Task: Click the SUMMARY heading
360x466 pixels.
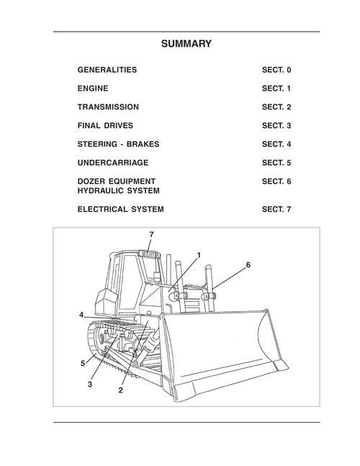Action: click(x=186, y=44)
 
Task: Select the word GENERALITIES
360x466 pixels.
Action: click(x=107, y=70)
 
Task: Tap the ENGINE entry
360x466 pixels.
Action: click(x=93, y=89)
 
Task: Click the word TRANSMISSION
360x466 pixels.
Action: click(x=108, y=107)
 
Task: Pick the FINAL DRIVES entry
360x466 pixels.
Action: click(x=105, y=125)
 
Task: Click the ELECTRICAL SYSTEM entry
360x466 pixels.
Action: click(x=120, y=210)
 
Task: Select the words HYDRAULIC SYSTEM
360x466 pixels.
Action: click(x=118, y=191)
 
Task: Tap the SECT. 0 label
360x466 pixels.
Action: click(x=276, y=70)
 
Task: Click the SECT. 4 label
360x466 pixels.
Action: click(x=276, y=144)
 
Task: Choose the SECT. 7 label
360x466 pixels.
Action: click(x=276, y=210)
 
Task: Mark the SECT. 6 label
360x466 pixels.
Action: click(x=276, y=182)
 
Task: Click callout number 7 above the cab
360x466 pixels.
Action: click(x=151, y=235)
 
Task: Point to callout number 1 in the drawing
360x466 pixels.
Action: click(x=198, y=254)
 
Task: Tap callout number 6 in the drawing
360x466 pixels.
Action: click(x=248, y=265)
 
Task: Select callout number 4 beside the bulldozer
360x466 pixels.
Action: click(x=82, y=315)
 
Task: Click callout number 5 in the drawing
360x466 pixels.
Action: click(x=83, y=363)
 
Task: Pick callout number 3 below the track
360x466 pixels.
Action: click(x=90, y=385)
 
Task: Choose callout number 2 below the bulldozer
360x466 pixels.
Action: click(x=120, y=390)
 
